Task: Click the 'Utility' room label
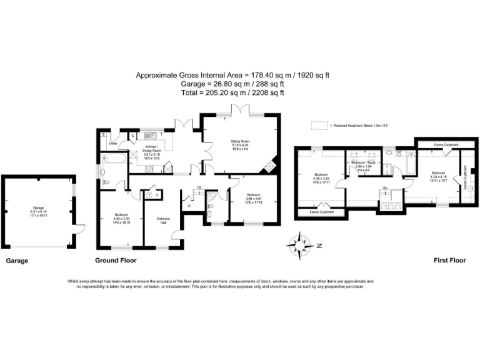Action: (112, 144)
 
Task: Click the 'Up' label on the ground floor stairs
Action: (199, 187)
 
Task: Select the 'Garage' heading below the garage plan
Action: (17, 260)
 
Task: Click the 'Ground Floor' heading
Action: (116, 260)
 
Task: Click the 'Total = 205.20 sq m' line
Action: (233, 92)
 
